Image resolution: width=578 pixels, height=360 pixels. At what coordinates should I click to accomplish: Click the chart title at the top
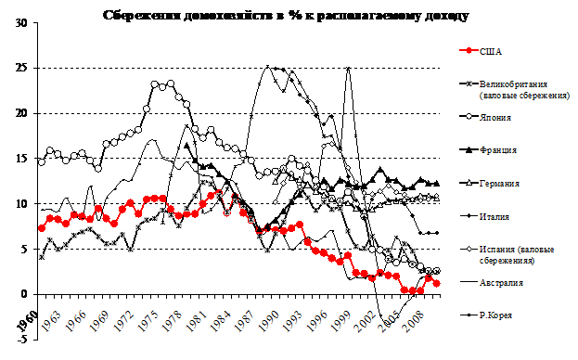[x=286, y=16]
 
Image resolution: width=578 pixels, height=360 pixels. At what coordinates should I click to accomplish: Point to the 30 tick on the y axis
[x=21, y=23]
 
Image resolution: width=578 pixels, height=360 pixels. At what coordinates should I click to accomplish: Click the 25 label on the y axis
[x=21, y=68]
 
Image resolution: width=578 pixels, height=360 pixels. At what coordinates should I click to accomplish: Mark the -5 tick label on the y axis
[x=22, y=339]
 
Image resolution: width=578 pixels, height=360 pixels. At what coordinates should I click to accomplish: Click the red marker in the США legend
[x=469, y=51]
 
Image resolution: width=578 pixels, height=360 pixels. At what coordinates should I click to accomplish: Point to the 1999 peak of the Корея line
[x=348, y=68]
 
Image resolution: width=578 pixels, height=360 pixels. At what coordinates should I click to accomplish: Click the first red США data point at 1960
[x=42, y=228]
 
